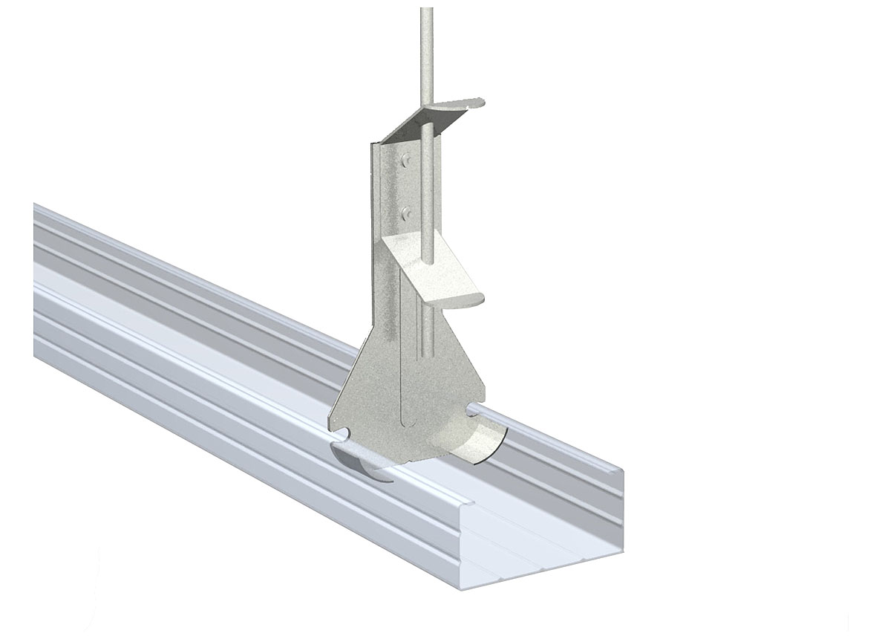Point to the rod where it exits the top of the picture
coord(426,10)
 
